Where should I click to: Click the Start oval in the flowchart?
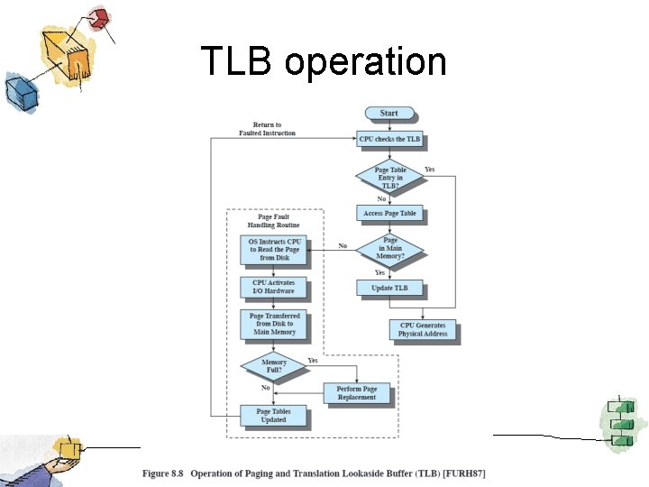click(x=388, y=114)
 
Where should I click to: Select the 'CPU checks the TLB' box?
click(x=389, y=139)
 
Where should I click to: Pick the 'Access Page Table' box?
click(x=389, y=214)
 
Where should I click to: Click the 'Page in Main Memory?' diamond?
click(x=389, y=250)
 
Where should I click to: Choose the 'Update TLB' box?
click(x=389, y=289)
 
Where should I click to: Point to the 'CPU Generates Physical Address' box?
click(x=422, y=330)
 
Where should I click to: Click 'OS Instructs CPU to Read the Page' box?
click(x=273, y=250)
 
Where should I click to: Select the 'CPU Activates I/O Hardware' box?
click(x=273, y=287)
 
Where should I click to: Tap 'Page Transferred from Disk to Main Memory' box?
click(x=273, y=324)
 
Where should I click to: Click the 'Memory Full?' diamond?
click(x=273, y=366)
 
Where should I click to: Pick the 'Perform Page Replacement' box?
click(x=357, y=393)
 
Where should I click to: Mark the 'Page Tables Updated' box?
click(x=273, y=416)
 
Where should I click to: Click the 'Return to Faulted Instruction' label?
click(x=267, y=129)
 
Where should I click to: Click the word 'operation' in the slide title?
click(x=364, y=62)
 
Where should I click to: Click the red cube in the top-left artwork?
click(x=100, y=17)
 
